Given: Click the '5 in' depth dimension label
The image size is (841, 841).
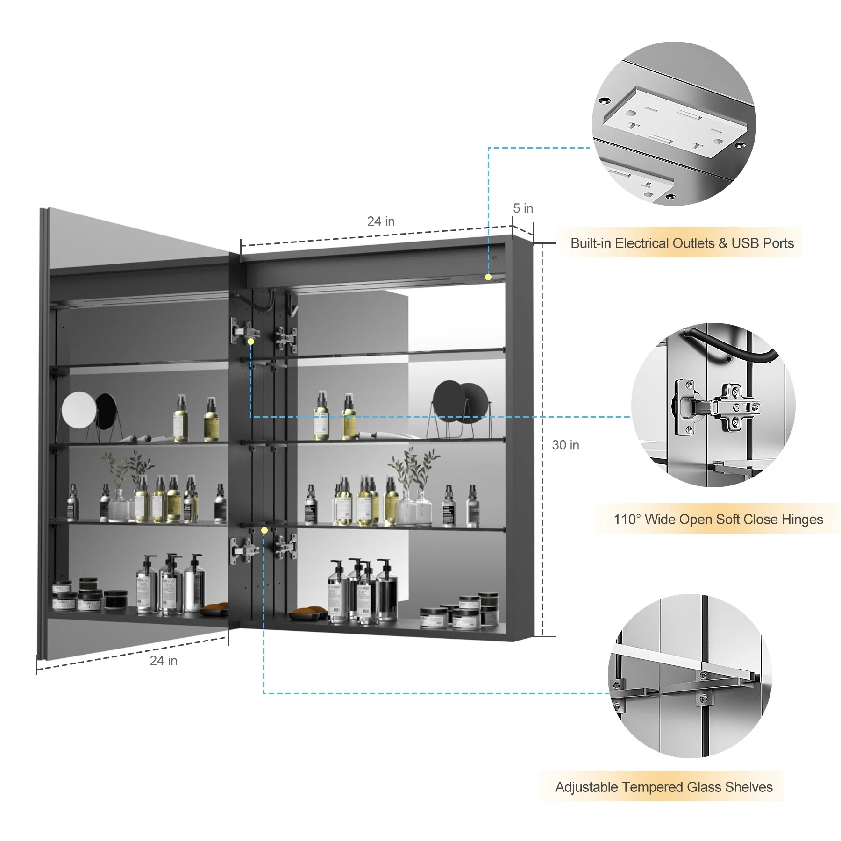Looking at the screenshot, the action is click(523, 208).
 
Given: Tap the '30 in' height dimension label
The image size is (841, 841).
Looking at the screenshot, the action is click(565, 445).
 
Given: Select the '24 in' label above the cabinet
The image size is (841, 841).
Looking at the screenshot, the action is click(381, 221).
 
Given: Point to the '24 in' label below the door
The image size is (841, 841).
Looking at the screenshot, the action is click(164, 661).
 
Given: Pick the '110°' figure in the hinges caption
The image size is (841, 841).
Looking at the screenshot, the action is click(627, 519).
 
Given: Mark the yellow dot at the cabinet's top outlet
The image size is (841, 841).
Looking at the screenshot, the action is click(488, 277).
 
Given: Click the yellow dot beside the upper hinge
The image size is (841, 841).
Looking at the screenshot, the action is click(251, 342).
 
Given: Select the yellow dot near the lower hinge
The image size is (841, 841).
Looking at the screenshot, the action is click(264, 530).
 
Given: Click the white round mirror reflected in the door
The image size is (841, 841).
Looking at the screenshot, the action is click(78, 409).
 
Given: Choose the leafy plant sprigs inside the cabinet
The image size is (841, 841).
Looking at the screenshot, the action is click(413, 467).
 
